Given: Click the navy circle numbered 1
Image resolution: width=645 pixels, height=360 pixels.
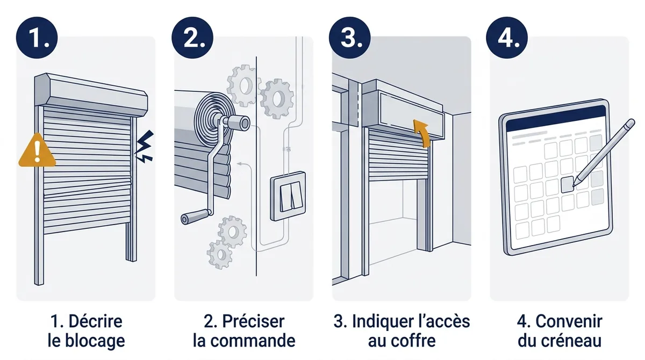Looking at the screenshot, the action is [x=37, y=38].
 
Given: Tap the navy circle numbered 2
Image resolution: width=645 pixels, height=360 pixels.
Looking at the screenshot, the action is [x=192, y=38].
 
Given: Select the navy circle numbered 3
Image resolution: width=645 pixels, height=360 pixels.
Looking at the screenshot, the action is [x=350, y=38].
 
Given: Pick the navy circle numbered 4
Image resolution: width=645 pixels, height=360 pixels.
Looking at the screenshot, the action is [x=507, y=38].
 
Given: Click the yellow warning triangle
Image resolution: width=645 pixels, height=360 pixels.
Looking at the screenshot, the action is [x=37, y=151].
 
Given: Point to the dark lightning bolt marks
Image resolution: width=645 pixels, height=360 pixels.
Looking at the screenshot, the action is [x=145, y=146].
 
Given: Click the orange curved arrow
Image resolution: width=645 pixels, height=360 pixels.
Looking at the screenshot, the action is [x=422, y=133].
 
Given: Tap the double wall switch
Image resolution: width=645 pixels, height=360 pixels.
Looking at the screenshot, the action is [x=288, y=196].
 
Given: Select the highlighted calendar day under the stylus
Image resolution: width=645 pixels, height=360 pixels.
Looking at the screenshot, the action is [x=568, y=184].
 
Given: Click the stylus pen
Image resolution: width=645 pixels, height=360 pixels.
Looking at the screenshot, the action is [x=604, y=153].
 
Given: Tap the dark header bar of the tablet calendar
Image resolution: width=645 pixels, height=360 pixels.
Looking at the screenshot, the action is [x=556, y=118].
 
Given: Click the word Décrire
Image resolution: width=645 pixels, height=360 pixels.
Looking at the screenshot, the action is [x=95, y=321].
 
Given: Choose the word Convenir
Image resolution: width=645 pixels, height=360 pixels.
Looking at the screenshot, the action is [x=569, y=321].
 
